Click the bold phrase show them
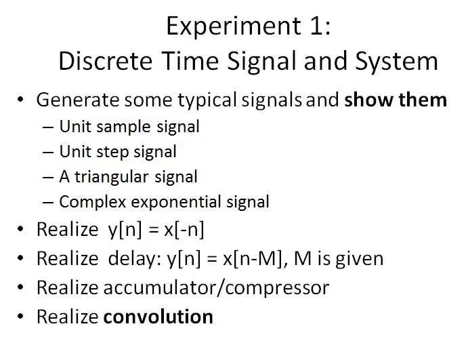coord(396,100)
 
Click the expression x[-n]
coord(184,230)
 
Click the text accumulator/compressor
coord(215,287)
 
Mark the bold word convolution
coord(158,316)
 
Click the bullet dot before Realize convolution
coord(22,317)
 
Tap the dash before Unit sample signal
coord(49,127)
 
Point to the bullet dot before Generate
coord(22,100)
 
